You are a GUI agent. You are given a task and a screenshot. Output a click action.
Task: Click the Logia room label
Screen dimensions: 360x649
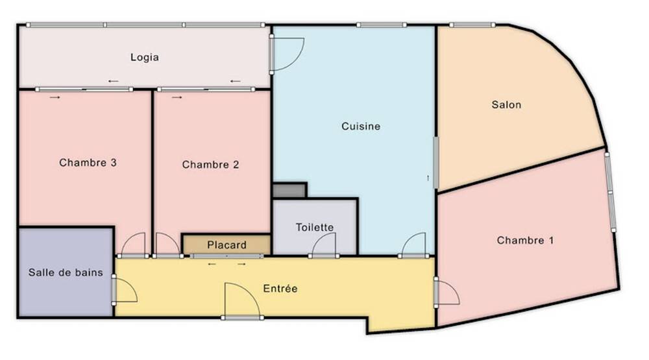[144, 57]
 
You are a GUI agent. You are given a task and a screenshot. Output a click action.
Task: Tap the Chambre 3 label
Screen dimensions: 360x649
[88, 163]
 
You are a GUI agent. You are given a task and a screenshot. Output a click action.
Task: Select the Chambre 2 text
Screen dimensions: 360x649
[210, 165]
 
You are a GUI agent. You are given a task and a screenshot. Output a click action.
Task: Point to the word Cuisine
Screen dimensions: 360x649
[361, 126]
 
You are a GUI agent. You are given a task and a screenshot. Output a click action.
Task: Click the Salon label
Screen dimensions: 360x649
[506, 104]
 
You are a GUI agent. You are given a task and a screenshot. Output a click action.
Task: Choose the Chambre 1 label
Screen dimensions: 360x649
[525, 241]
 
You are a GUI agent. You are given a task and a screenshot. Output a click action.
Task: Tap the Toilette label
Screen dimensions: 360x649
[315, 227]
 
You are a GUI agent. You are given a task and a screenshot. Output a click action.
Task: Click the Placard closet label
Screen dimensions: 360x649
[227, 245]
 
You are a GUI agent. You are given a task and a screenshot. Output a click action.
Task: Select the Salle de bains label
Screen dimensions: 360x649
[66, 272]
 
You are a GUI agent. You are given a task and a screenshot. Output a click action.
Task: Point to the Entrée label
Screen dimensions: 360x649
[280, 288]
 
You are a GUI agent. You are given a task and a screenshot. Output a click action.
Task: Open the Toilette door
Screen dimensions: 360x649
[324, 246]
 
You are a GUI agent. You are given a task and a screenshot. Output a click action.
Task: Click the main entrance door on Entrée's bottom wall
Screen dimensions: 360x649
[241, 302]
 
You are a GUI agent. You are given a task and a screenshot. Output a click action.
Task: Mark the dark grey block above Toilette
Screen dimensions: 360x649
[289, 190]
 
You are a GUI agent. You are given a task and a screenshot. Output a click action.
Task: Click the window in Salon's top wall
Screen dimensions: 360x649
[472, 25]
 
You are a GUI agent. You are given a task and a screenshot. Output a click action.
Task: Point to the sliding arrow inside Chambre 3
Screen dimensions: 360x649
[55, 97]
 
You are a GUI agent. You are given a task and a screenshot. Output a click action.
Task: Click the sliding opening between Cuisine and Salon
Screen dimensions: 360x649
[435, 162]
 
